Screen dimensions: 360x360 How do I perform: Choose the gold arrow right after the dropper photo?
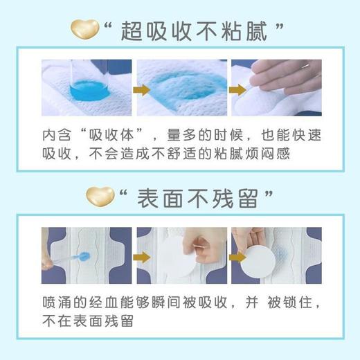[126, 258]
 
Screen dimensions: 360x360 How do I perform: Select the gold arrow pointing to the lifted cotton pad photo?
[220, 258]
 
